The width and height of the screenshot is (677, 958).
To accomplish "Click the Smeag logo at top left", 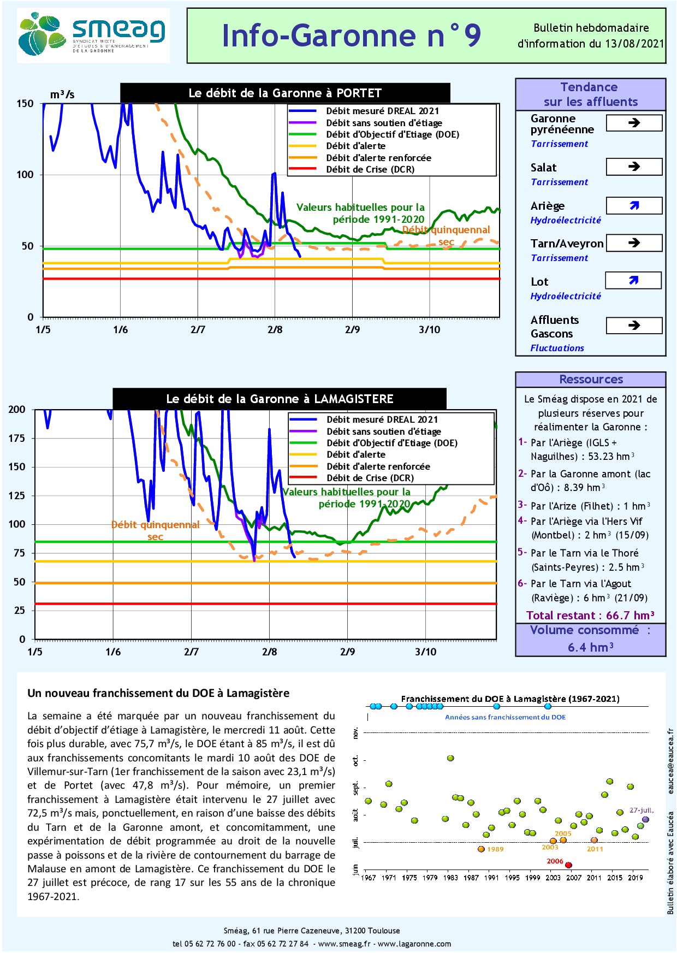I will (x=93, y=35).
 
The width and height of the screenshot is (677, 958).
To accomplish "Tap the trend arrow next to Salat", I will (x=634, y=167).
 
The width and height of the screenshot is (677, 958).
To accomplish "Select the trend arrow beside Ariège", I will (x=634, y=205).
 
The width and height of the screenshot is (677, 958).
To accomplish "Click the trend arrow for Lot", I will (x=633, y=280).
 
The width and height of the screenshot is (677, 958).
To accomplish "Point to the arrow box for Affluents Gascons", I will (x=634, y=326).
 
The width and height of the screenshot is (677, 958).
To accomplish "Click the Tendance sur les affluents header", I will (x=590, y=94).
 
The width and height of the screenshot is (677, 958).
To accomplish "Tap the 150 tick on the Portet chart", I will (x=25, y=104).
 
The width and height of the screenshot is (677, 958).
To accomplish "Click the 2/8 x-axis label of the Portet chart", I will (x=275, y=330).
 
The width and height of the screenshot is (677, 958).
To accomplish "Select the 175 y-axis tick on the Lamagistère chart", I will (x=17, y=438).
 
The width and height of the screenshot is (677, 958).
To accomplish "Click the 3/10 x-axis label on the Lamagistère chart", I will (x=426, y=652).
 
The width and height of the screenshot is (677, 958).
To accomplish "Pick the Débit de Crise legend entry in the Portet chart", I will (x=370, y=169).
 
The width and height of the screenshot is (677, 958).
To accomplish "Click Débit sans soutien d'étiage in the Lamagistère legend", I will (x=383, y=431).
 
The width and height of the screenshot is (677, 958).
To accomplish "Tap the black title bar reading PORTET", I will (x=285, y=93).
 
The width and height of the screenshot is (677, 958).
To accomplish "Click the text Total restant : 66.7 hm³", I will (x=590, y=616).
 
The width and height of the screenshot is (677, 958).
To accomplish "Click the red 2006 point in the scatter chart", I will (x=568, y=865).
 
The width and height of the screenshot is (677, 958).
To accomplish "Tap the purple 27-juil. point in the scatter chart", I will (x=645, y=819).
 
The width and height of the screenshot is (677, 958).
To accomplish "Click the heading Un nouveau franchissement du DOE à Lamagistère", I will (x=158, y=693).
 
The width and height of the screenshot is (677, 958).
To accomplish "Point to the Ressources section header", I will (x=591, y=380).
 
